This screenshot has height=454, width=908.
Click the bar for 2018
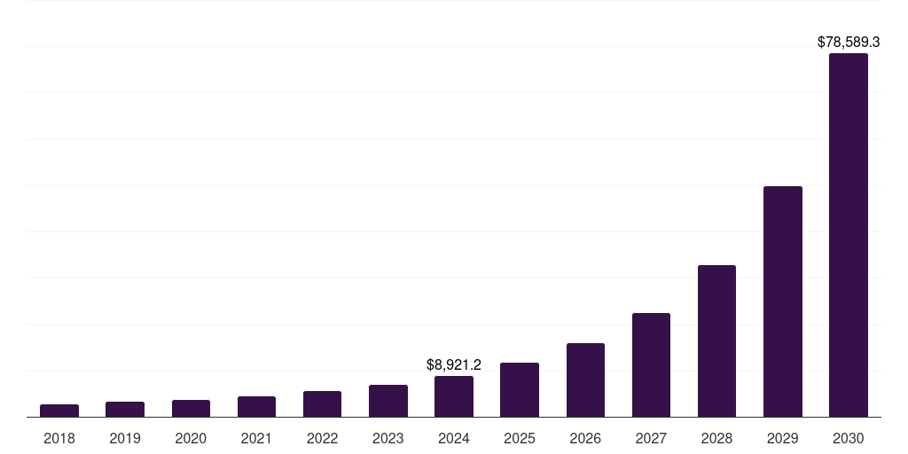[x=59, y=411]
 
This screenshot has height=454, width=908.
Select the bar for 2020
[x=191, y=408]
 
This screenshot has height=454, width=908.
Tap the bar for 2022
[x=322, y=403]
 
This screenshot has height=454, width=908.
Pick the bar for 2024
[x=454, y=396]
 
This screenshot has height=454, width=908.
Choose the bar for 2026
[x=585, y=380]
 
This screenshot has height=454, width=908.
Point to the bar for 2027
[x=651, y=364]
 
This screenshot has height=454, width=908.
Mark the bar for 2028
[x=716, y=340]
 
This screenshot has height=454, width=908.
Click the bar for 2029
[x=783, y=301]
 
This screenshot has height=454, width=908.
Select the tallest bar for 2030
[x=849, y=235]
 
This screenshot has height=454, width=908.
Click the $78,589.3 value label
[x=849, y=42]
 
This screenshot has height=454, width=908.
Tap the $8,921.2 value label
[x=454, y=364]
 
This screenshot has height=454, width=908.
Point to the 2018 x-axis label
[x=59, y=438]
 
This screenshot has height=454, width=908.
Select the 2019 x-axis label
[x=125, y=438]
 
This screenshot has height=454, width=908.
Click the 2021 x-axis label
[x=256, y=438]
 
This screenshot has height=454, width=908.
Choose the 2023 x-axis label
[x=388, y=438]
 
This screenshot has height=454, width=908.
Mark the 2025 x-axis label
[x=520, y=438]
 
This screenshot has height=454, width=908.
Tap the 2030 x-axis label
[x=849, y=438]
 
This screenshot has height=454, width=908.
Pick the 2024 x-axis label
[x=454, y=438]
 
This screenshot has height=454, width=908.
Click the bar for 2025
[x=520, y=389]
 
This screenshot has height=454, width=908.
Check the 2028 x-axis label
[x=716, y=438]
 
